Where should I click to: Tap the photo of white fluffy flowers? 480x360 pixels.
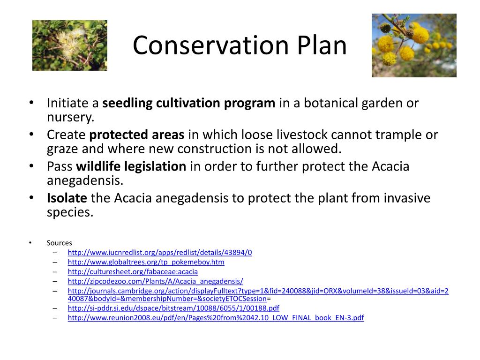tap(69, 45)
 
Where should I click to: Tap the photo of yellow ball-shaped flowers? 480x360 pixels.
tap(414, 45)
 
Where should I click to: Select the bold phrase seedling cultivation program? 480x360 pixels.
tap(189, 103)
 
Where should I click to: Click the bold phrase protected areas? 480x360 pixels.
tap(137, 135)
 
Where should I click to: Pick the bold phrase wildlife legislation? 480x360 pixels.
tap(131, 166)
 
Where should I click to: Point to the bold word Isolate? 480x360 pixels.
tap(67, 198)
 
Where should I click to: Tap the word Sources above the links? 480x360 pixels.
tap(60, 243)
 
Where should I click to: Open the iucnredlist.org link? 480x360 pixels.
tap(160, 252)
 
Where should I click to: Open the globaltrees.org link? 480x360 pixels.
tap(146, 262)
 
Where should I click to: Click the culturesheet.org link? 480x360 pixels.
tap(133, 271)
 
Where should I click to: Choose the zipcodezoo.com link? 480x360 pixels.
tap(155, 281)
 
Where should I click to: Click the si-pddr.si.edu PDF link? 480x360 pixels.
tap(173, 308)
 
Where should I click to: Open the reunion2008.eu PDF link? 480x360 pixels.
tap(216, 317)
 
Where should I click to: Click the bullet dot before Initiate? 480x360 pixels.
tap(31, 103)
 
